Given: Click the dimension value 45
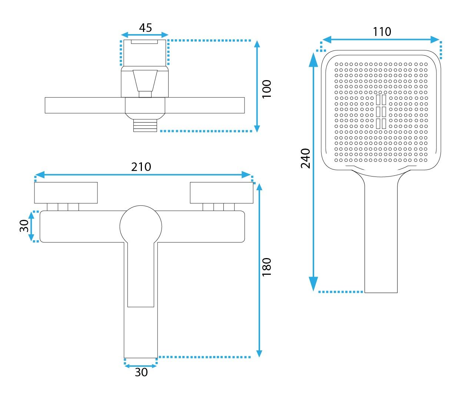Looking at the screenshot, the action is [145, 28].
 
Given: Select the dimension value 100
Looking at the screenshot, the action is [267, 89].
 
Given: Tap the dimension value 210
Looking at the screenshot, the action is [141, 167].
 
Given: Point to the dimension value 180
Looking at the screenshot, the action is [267, 267].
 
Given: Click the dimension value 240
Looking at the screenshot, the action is [305, 158].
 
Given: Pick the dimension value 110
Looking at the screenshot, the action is [382, 32].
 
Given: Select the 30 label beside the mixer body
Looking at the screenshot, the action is [24, 226].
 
